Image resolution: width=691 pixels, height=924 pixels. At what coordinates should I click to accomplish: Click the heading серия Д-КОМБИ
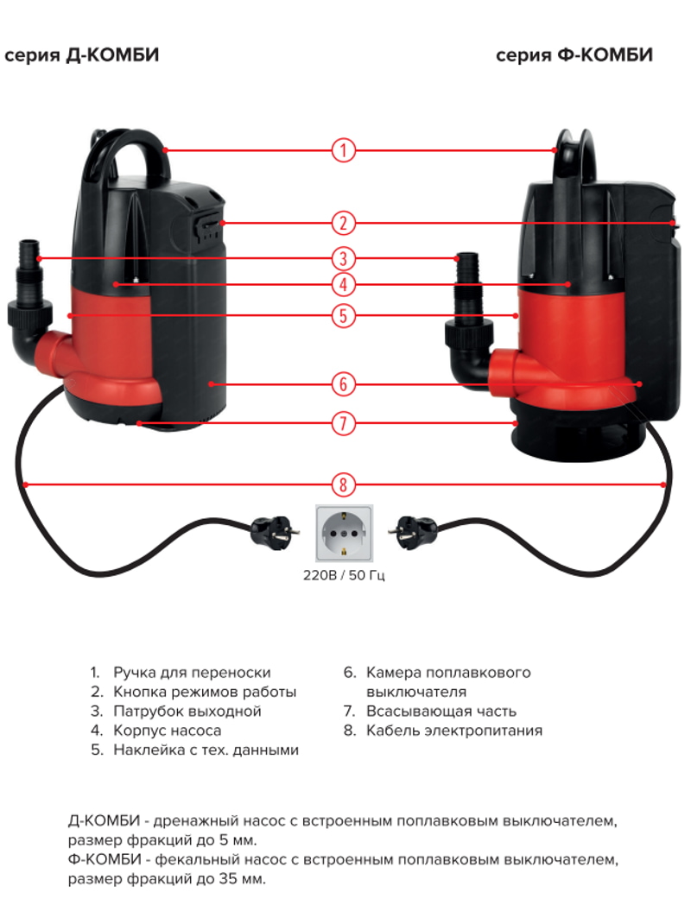[81, 54]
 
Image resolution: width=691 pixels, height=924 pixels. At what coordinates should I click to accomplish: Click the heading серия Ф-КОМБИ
[574, 54]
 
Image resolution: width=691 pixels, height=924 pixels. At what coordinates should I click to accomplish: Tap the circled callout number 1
[343, 150]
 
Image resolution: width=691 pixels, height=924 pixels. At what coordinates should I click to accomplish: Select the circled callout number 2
[343, 224]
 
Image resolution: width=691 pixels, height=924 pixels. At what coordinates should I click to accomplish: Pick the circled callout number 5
[343, 316]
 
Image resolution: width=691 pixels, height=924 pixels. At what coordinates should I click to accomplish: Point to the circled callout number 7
[343, 423]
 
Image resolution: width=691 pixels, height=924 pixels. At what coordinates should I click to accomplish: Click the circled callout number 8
[343, 485]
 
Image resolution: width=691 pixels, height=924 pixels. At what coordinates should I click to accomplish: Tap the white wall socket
[345, 534]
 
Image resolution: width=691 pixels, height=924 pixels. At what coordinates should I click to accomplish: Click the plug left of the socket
[272, 534]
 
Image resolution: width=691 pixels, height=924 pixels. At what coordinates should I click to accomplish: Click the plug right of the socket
[414, 532]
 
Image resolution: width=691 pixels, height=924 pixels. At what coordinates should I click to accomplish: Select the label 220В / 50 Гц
[344, 575]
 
